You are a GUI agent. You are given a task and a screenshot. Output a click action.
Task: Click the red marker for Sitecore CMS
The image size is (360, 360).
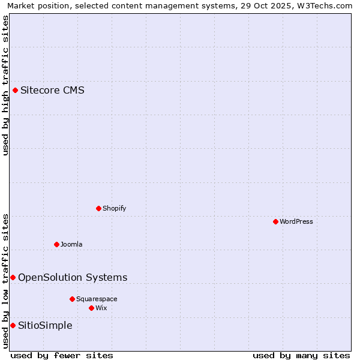15,91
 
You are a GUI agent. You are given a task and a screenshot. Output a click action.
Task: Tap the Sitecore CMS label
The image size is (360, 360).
52,91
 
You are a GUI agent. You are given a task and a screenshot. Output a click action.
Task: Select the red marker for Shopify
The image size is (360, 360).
98,208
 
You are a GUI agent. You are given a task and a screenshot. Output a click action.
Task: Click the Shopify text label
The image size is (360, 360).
114,208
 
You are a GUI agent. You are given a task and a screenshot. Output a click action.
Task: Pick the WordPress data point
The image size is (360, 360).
275,221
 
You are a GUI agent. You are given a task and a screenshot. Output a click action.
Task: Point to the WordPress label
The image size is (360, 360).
296,221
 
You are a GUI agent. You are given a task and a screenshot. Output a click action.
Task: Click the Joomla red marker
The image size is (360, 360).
56,244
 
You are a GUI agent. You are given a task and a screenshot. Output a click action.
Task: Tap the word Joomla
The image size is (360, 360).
71,244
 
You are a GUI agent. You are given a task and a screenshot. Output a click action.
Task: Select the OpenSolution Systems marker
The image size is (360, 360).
13,277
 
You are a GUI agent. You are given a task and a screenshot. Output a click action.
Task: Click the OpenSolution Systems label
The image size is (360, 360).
73,277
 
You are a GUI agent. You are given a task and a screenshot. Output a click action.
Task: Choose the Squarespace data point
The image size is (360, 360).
72,299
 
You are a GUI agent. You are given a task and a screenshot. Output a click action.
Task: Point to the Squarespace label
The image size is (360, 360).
97,299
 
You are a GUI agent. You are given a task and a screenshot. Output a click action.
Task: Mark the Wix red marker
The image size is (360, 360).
91,308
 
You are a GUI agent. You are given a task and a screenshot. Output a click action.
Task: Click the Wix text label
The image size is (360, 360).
101,308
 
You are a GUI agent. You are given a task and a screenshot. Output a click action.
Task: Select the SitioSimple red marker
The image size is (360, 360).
13,325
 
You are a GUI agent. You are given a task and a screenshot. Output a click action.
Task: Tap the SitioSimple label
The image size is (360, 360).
45,325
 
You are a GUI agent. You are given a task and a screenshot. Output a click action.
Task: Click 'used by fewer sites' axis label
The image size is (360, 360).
62,355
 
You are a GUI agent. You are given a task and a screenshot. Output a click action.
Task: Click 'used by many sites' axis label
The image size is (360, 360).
301,355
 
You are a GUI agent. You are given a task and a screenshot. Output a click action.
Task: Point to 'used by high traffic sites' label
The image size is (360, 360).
5,85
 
